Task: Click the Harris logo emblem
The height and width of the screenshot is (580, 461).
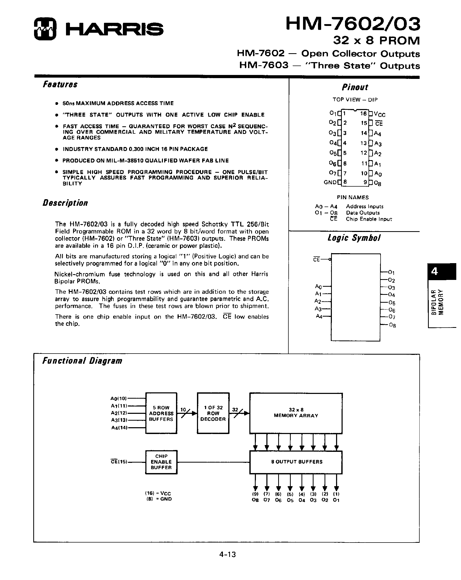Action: (45, 29)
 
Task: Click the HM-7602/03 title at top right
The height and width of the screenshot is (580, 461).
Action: (353, 24)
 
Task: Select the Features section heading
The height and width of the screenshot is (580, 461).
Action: (60, 84)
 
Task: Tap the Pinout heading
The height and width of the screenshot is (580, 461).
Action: (355, 87)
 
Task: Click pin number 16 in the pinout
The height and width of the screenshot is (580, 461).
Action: (363, 113)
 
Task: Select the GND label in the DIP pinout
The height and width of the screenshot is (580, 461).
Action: (330, 182)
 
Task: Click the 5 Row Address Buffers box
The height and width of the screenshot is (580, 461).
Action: (161, 413)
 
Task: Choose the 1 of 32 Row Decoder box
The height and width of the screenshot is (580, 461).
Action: (213, 413)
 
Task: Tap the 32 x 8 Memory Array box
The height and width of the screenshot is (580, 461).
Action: (296, 413)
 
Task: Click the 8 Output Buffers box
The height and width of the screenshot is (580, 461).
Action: (296, 462)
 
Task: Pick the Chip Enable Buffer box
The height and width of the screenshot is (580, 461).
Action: (161, 462)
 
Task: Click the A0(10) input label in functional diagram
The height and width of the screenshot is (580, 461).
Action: (119, 398)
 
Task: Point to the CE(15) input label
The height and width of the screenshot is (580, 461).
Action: (119, 462)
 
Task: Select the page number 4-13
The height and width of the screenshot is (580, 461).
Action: (227, 554)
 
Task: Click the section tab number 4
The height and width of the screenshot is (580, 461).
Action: (435, 271)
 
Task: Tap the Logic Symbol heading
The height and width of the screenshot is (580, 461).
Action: (354, 238)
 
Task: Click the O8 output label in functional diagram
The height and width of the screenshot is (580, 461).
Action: (255, 500)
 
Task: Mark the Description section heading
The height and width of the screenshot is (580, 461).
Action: (65, 203)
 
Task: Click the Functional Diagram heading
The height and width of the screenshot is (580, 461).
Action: (82, 361)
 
